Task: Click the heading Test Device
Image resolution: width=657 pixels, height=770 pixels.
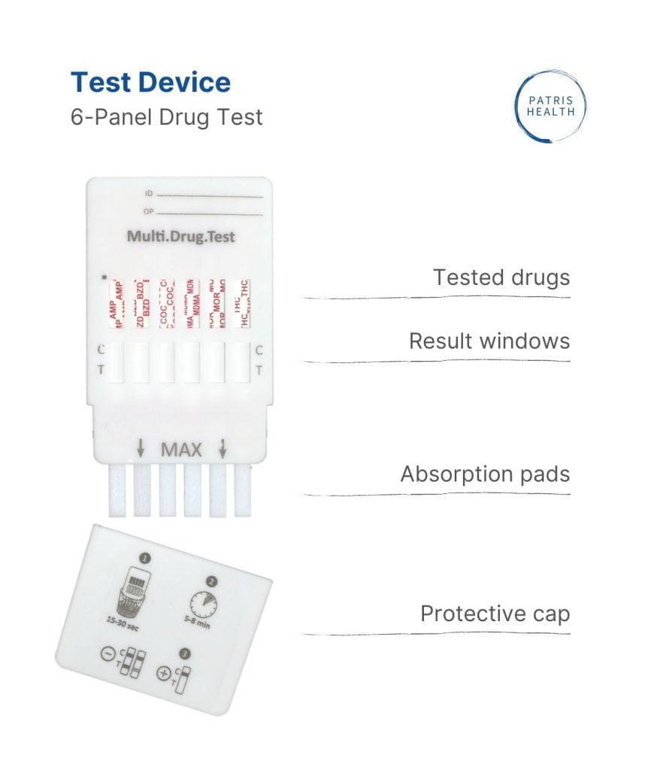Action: coord(150,82)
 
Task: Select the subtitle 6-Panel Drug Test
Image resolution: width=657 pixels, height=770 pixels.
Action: coord(166,118)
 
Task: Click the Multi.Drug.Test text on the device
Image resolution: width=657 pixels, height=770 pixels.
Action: coord(180,237)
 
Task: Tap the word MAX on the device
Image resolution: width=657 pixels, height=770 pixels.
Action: coord(181,450)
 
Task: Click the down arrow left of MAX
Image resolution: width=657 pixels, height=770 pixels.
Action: coord(141,450)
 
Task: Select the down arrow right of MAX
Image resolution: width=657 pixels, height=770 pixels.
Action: coord(223,450)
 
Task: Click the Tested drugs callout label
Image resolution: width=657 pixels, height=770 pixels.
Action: coord(501,277)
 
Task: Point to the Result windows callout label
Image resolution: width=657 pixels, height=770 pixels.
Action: coord(489,341)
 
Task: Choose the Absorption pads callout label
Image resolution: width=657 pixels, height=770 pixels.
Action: coord(484,474)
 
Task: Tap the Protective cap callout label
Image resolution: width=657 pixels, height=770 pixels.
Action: coord(495,614)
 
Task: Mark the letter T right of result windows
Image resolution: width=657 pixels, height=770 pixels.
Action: coord(259,370)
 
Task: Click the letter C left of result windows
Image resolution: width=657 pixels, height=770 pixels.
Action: coord(101,350)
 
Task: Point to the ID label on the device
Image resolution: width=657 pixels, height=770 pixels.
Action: coord(148,194)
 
